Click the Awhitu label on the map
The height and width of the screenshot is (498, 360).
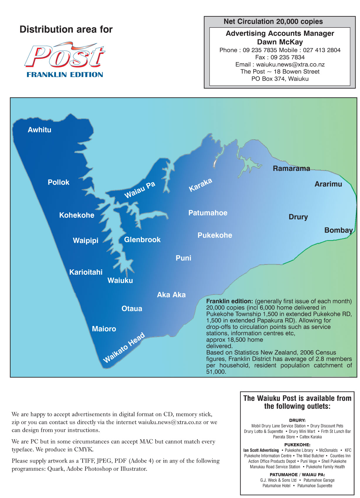coord(39,130)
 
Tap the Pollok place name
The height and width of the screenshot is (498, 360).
coord(58,182)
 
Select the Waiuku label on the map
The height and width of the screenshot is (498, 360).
coord(120,281)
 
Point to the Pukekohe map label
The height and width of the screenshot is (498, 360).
coord(215,235)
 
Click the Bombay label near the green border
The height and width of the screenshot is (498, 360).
coord(338,230)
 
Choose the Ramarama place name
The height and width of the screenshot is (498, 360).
coord(291,169)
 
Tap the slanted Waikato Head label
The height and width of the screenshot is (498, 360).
coord(124,348)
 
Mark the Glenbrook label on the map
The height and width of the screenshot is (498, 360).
coord(142,240)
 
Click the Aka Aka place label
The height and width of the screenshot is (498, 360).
coord(171,295)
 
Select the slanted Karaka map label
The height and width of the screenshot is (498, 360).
coord(200,185)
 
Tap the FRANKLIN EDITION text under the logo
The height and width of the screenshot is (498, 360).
coord(65,75)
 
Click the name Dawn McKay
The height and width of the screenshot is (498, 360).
coord(280,42)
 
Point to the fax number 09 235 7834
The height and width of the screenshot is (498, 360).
coord(288,57)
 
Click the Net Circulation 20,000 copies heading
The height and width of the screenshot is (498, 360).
coord(273,22)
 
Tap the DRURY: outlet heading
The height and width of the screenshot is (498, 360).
coord(297,420)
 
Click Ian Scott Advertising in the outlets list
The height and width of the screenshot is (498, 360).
coord(261,450)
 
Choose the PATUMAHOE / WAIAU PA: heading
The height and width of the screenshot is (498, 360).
coord(297,475)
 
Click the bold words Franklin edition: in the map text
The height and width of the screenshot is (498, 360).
coord(229,301)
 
